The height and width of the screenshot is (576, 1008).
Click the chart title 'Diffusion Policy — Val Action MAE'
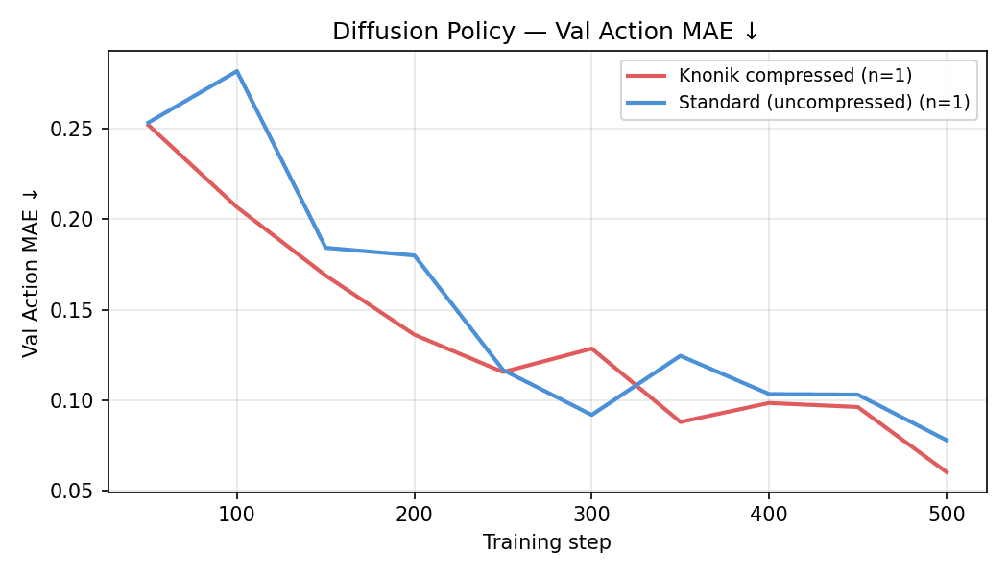click(545, 32)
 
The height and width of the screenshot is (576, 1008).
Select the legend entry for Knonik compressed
click(795, 76)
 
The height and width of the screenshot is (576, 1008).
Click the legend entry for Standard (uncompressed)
click(824, 102)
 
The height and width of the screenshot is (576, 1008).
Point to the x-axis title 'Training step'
click(546, 542)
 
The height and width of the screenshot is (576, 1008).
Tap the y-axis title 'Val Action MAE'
click(32, 273)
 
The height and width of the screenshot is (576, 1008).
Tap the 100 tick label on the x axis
click(236, 515)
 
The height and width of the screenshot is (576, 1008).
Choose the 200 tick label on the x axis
click(414, 515)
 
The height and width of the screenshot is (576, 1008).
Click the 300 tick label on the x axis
click(591, 515)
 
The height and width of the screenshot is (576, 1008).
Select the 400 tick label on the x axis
click(769, 515)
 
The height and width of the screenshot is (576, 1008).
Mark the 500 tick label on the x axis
click(947, 515)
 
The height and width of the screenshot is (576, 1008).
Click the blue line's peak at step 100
click(236, 71)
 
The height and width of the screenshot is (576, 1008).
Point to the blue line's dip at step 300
click(591, 415)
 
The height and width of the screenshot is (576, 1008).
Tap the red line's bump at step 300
click(591, 348)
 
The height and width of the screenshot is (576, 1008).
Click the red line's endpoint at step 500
click(947, 472)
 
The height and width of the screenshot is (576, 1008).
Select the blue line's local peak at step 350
click(680, 356)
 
